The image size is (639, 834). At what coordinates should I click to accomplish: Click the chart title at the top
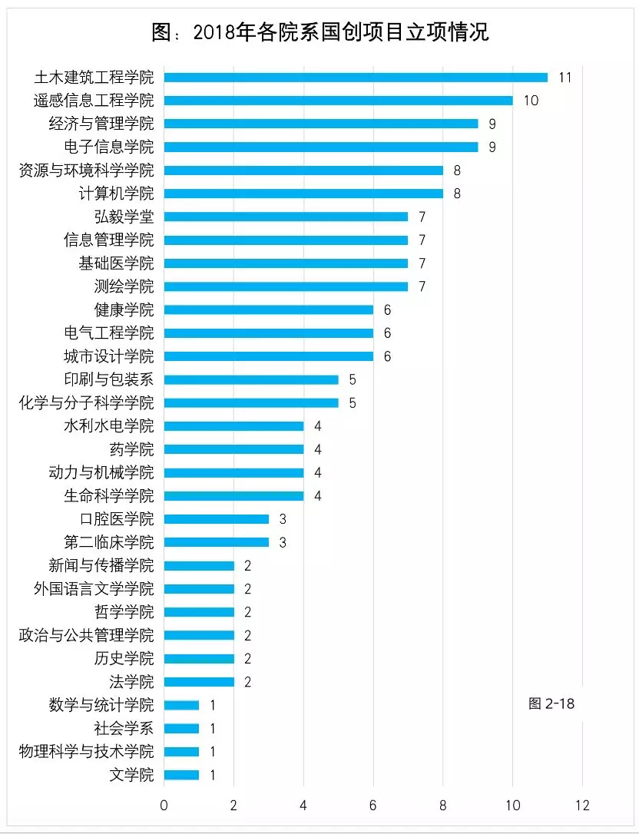click(x=320, y=32)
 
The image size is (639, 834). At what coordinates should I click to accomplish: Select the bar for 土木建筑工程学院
click(x=356, y=77)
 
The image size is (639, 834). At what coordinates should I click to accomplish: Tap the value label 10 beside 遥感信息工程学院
click(x=531, y=101)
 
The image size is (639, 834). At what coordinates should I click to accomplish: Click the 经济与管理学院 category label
click(x=101, y=124)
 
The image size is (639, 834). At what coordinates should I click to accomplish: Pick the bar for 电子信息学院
click(x=321, y=147)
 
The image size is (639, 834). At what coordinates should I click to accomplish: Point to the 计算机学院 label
click(x=116, y=194)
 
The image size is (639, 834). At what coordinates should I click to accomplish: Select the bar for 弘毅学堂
click(x=286, y=217)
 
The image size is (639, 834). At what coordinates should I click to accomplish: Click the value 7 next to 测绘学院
click(x=422, y=286)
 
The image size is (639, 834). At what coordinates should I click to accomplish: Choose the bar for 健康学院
click(x=269, y=309)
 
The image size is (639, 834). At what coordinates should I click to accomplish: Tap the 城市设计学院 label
click(x=108, y=356)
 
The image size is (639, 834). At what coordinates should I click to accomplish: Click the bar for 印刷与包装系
click(x=251, y=379)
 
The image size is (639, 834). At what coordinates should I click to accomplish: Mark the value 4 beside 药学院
click(x=317, y=449)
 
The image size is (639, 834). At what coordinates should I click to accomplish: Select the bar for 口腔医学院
click(x=217, y=519)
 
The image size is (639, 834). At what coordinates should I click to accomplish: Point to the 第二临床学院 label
click(x=108, y=542)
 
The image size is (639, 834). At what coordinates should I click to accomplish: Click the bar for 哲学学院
click(x=199, y=612)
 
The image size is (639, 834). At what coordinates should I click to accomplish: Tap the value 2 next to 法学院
click(x=248, y=682)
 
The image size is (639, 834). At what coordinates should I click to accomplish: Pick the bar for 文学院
click(x=181, y=775)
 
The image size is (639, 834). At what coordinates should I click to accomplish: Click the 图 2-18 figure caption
click(x=551, y=703)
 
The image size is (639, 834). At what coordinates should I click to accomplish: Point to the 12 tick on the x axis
click(x=582, y=805)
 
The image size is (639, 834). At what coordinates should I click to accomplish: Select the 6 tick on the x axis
click(x=373, y=805)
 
